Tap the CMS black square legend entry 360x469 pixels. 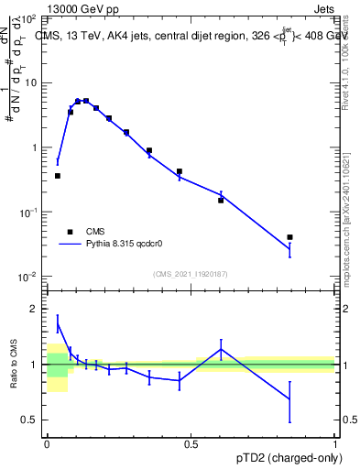(x=68, y=232)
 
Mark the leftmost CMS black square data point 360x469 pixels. (x=58, y=176)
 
